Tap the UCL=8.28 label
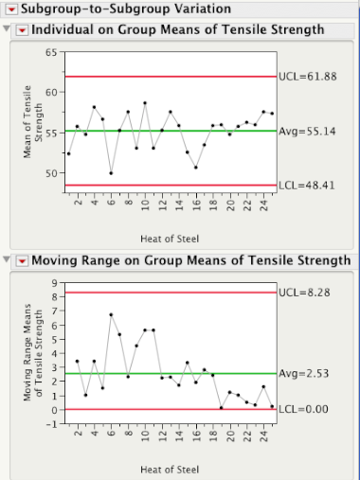[303, 293]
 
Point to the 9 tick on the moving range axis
[54, 282]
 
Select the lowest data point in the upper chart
[111, 173]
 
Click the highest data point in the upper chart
[145, 103]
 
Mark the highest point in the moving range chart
[111, 314]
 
